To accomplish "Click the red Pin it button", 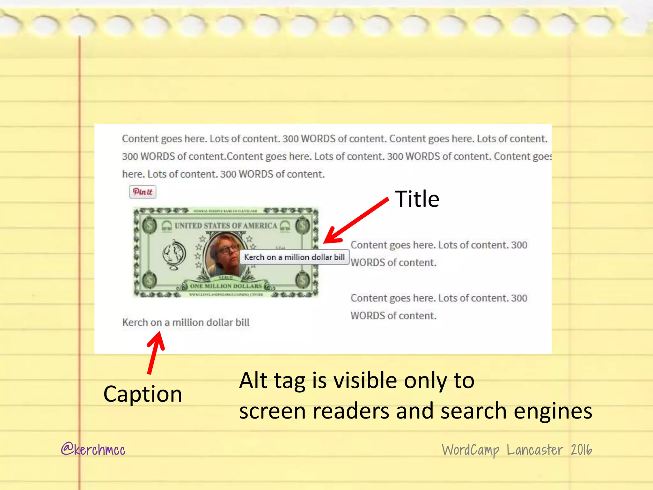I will pos(143,192).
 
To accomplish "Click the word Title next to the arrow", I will pos(417,199).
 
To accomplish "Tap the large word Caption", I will pos(143,394).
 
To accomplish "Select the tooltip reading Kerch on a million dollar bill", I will pos(294,257).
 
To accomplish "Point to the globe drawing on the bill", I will pos(174,255).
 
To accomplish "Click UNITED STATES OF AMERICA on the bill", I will pos(226,226).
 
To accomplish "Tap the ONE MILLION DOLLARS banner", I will pos(226,286).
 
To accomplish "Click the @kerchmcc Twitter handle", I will pos(93,449).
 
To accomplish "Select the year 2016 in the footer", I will pos(581,450).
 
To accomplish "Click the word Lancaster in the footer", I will pos(535,450).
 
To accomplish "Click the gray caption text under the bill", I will pos(186,323).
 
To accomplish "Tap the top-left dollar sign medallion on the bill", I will pos(149,226).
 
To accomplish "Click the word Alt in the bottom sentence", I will pos(253,380).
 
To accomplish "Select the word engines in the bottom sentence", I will pos(553,411).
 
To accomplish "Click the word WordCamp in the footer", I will pos(470,450).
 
